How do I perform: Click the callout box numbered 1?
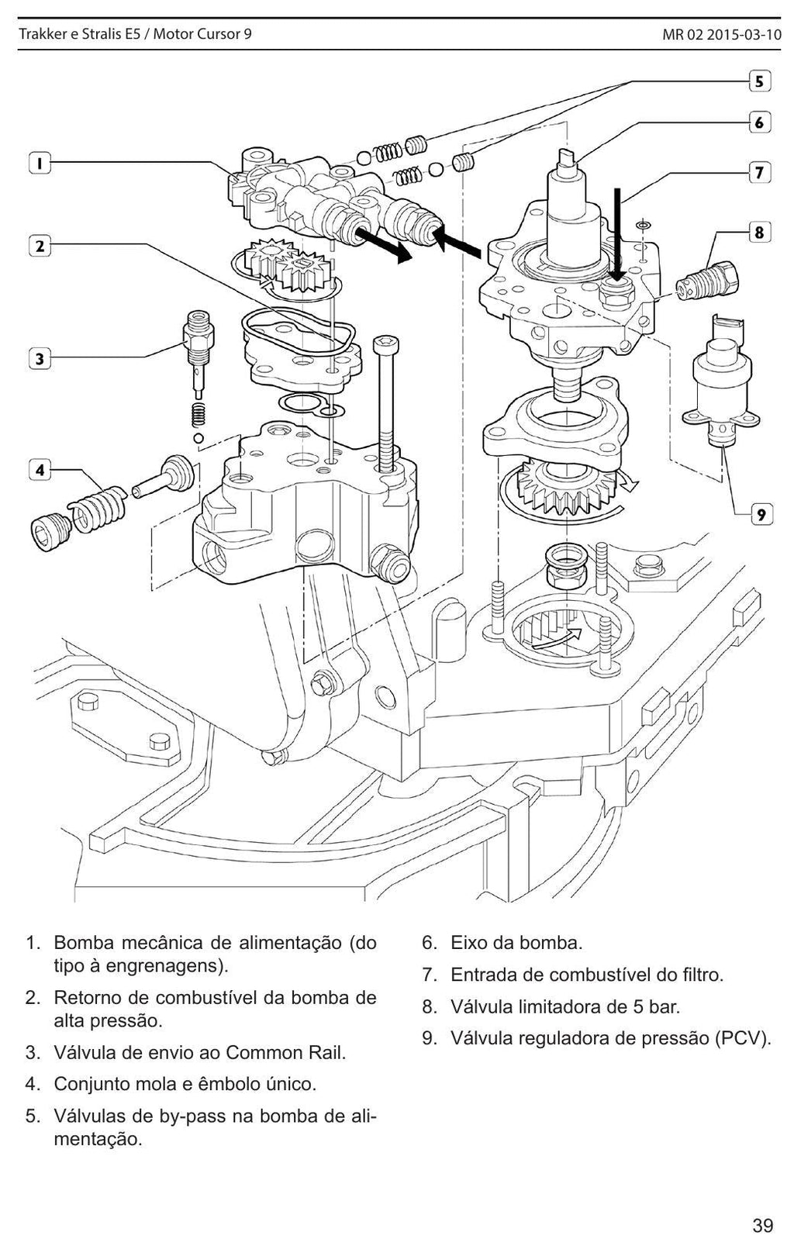point(40,164)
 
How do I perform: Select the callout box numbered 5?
point(760,81)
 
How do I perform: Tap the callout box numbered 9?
point(761,514)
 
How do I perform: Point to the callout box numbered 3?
point(40,359)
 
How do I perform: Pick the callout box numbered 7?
point(760,172)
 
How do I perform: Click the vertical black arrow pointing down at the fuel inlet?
point(618,233)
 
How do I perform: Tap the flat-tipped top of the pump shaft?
point(568,157)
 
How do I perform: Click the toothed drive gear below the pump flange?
point(568,489)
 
